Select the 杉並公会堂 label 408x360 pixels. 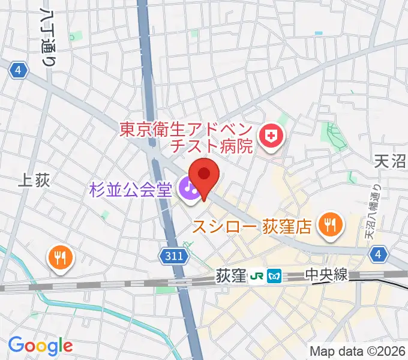point(131,190)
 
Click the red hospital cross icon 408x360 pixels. point(272,137)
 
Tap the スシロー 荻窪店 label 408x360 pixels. point(252,226)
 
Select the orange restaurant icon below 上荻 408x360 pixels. point(62,258)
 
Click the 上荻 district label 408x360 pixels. point(34,181)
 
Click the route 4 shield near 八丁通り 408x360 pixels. point(19,71)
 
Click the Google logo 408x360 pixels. point(40,345)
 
